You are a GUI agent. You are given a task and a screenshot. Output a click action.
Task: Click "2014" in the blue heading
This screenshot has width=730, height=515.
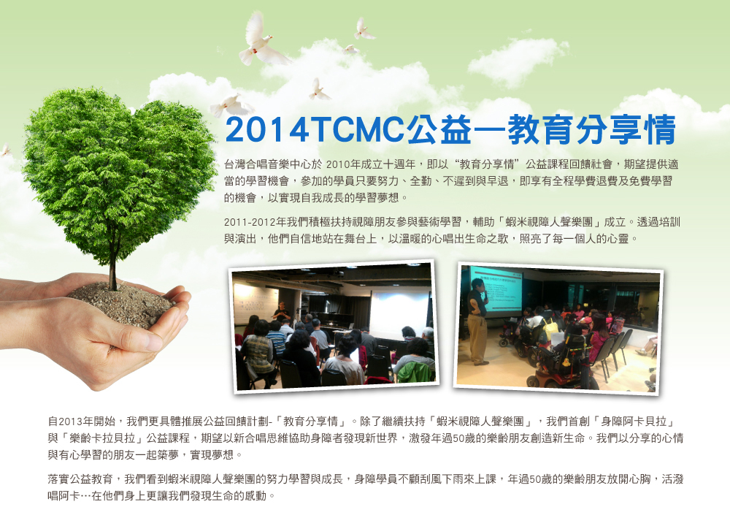click(x=266, y=130)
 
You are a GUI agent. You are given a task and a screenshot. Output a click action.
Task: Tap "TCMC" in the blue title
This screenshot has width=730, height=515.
click(x=357, y=130)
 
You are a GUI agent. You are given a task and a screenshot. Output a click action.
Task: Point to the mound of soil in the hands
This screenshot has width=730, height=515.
click(x=120, y=303)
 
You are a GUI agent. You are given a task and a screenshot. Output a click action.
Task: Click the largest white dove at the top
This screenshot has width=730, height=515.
click(x=261, y=41)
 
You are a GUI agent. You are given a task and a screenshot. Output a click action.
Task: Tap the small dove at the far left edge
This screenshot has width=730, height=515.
click(x=6, y=150)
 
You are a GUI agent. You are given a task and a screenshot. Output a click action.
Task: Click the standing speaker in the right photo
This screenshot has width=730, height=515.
click(x=477, y=321)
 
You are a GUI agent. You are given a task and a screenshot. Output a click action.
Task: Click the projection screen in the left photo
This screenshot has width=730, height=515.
click(x=399, y=313)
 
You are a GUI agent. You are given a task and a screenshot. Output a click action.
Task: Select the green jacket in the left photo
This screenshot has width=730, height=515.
click(x=415, y=372)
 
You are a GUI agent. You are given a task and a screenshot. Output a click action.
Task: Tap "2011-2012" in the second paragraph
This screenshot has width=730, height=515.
click(x=249, y=222)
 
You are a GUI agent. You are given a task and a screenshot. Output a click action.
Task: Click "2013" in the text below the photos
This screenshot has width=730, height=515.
click(x=71, y=421)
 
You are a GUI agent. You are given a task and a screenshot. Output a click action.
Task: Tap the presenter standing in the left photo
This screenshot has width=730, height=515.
click(x=282, y=311)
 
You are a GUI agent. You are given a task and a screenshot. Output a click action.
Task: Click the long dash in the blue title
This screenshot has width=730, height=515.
click(x=490, y=131)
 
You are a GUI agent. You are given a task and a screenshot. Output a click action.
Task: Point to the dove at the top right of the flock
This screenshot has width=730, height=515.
click(x=363, y=29)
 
